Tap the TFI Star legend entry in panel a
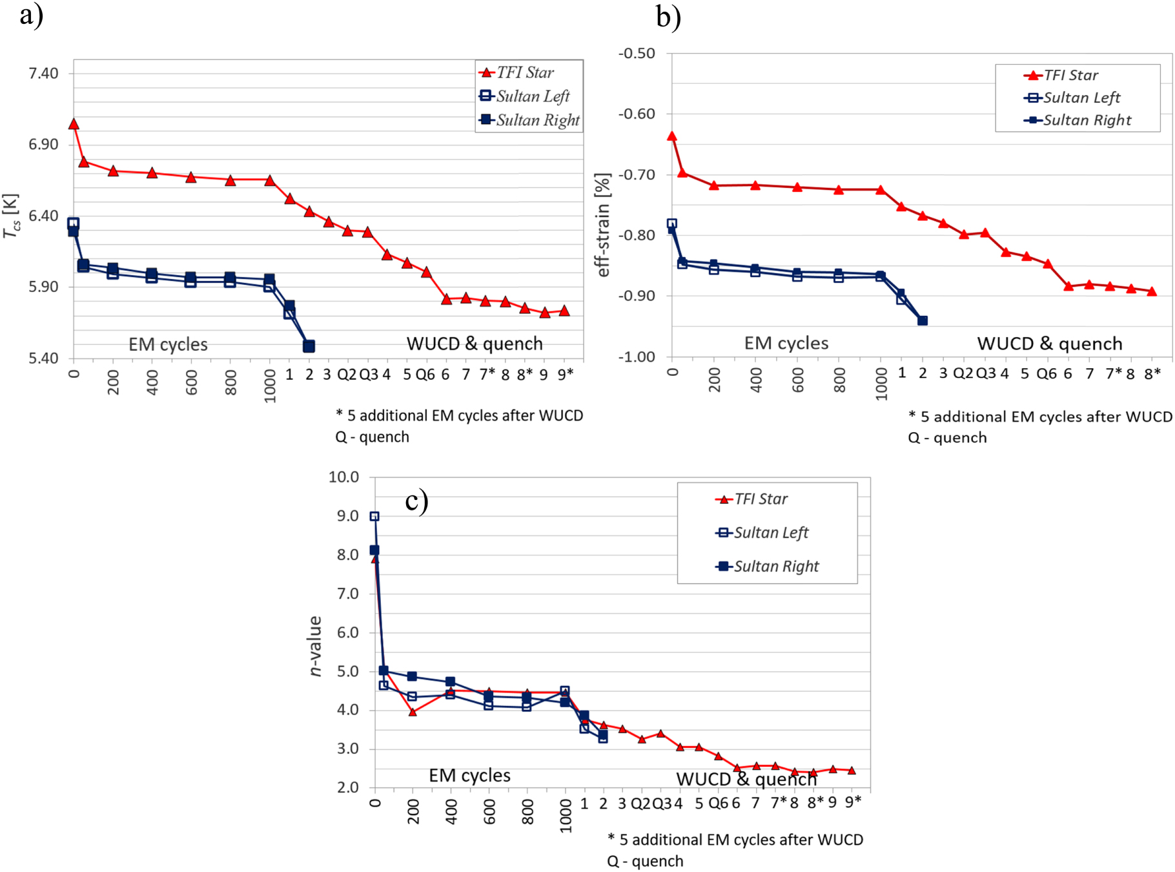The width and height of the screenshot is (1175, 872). coord(524,73)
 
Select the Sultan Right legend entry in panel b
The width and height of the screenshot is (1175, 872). coord(1087,120)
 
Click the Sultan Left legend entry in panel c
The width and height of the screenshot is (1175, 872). coord(770,533)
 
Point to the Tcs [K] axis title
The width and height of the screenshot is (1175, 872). coord(11,216)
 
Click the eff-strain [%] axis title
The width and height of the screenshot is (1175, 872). coord(602,225)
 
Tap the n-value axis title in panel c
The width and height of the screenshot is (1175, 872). coord(315,646)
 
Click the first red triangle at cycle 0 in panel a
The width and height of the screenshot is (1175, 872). coord(74,124)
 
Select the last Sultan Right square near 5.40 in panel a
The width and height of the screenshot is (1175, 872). coord(309,346)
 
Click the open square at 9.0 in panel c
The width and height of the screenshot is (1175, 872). coord(374,516)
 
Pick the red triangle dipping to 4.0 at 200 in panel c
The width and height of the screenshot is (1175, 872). coord(413,712)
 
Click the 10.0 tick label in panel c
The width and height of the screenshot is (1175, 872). coord(343,477)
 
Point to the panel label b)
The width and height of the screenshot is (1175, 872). coord(668,17)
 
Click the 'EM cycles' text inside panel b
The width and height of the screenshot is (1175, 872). coord(786,343)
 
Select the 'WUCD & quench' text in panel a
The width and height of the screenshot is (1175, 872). coord(475,344)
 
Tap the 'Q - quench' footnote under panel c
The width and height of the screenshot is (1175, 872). coord(645,861)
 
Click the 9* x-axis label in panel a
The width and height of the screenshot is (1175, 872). coord(566,375)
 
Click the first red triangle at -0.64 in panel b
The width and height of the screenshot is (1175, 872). coord(672,136)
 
